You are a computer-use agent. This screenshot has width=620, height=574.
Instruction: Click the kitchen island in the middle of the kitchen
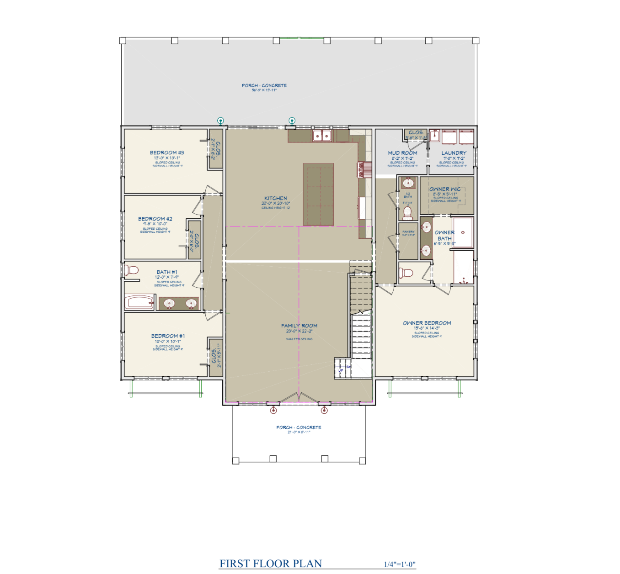pos(318,194)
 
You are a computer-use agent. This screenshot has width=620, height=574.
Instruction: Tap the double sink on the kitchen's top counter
pos(322,135)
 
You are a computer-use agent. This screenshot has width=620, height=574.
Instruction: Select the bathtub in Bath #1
pos(139,302)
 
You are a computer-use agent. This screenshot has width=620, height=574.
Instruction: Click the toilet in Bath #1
pos(131,269)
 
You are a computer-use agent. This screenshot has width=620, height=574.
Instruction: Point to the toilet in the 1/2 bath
pos(407,213)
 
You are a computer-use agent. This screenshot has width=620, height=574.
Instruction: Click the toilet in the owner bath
pos(406,273)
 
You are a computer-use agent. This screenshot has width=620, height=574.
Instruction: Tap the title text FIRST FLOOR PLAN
pos(271,563)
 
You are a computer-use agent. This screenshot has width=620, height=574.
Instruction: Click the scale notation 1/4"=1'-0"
pos(400,564)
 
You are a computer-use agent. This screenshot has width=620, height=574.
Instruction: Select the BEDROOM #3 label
pos(167,153)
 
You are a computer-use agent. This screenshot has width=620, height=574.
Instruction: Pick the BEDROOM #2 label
pos(155,219)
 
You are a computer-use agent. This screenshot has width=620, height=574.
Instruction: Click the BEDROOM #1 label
pos(168,336)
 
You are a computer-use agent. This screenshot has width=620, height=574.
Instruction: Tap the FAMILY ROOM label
pos(299,326)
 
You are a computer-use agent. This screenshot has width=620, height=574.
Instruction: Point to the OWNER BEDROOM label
pos(427,323)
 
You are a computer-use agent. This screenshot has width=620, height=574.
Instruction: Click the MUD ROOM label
pos(402,153)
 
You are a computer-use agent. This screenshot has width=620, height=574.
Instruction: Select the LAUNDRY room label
pos(454,153)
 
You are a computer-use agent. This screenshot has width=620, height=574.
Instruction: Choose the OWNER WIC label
pos(445,189)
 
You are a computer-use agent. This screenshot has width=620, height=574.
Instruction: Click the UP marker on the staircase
pos(341,370)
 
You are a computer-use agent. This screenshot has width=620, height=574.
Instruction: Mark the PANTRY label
pos(408,232)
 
